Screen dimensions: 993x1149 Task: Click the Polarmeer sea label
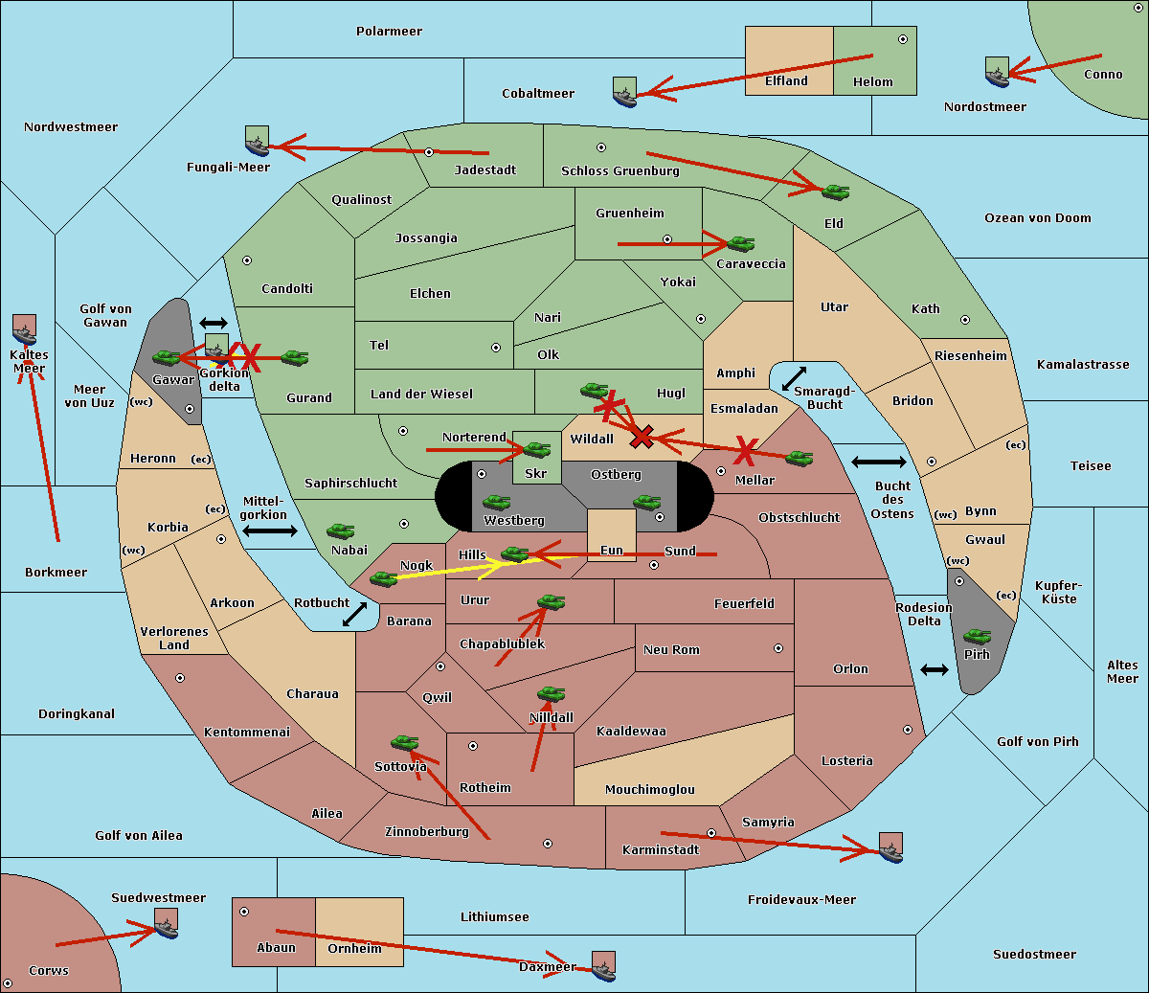[x=389, y=32]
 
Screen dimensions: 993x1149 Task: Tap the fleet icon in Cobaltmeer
[x=624, y=92]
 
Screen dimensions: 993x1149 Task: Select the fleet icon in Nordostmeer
[x=997, y=72]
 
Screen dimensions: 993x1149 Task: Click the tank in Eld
[x=835, y=192]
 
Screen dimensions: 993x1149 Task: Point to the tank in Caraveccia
[x=740, y=244]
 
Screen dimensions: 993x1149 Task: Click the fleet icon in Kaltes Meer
[x=24, y=329]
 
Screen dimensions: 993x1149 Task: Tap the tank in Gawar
[x=167, y=358]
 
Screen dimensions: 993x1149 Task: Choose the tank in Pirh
[x=977, y=637]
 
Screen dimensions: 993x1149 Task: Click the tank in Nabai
[x=340, y=531]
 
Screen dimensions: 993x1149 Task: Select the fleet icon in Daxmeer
[x=603, y=965]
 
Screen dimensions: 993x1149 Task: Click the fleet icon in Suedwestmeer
[x=166, y=924]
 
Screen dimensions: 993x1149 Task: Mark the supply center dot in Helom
[x=902, y=39]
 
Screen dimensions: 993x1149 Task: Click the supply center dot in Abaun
[x=244, y=912]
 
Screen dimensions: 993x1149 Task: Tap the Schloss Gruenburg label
[x=620, y=171]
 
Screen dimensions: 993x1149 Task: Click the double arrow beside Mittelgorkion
[x=270, y=530]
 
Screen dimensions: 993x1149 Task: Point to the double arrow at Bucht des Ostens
[x=878, y=463]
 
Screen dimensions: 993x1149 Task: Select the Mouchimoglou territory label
[x=649, y=790]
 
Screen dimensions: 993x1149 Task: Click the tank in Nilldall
[x=551, y=694]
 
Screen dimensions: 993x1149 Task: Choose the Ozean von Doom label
[x=1037, y=218]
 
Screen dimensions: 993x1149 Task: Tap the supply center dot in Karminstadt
[x=711, y=833]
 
